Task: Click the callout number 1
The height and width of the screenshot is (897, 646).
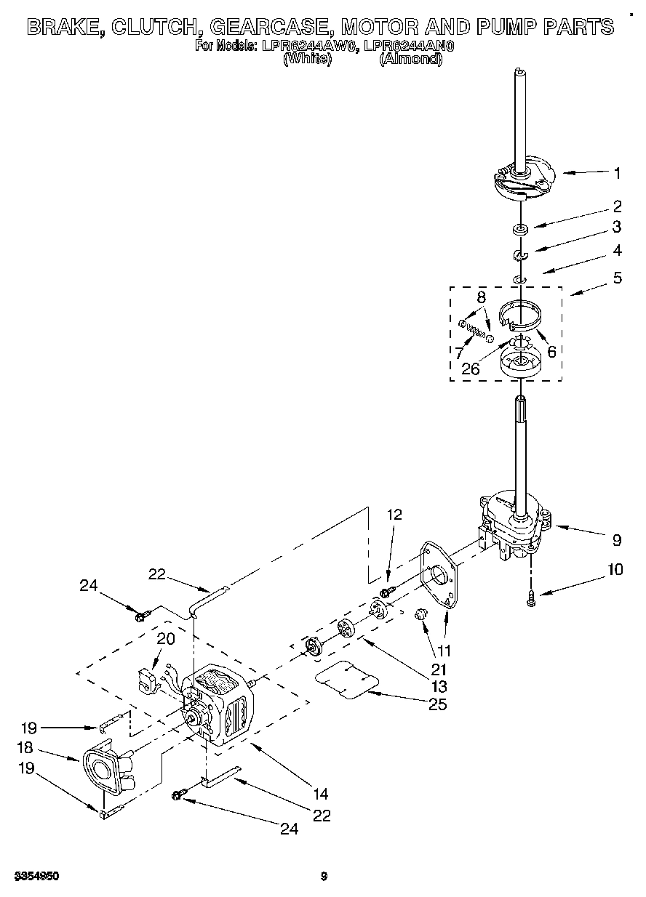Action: (617, 173)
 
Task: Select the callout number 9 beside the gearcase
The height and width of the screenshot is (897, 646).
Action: (617, 540)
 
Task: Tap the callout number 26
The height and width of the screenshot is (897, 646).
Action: (471, 369)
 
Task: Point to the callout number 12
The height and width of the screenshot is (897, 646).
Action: (394, 514)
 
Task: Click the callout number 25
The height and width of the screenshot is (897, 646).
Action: (437, 704)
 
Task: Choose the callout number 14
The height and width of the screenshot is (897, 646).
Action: (321, 794)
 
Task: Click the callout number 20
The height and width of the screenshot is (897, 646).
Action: (166, 639)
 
